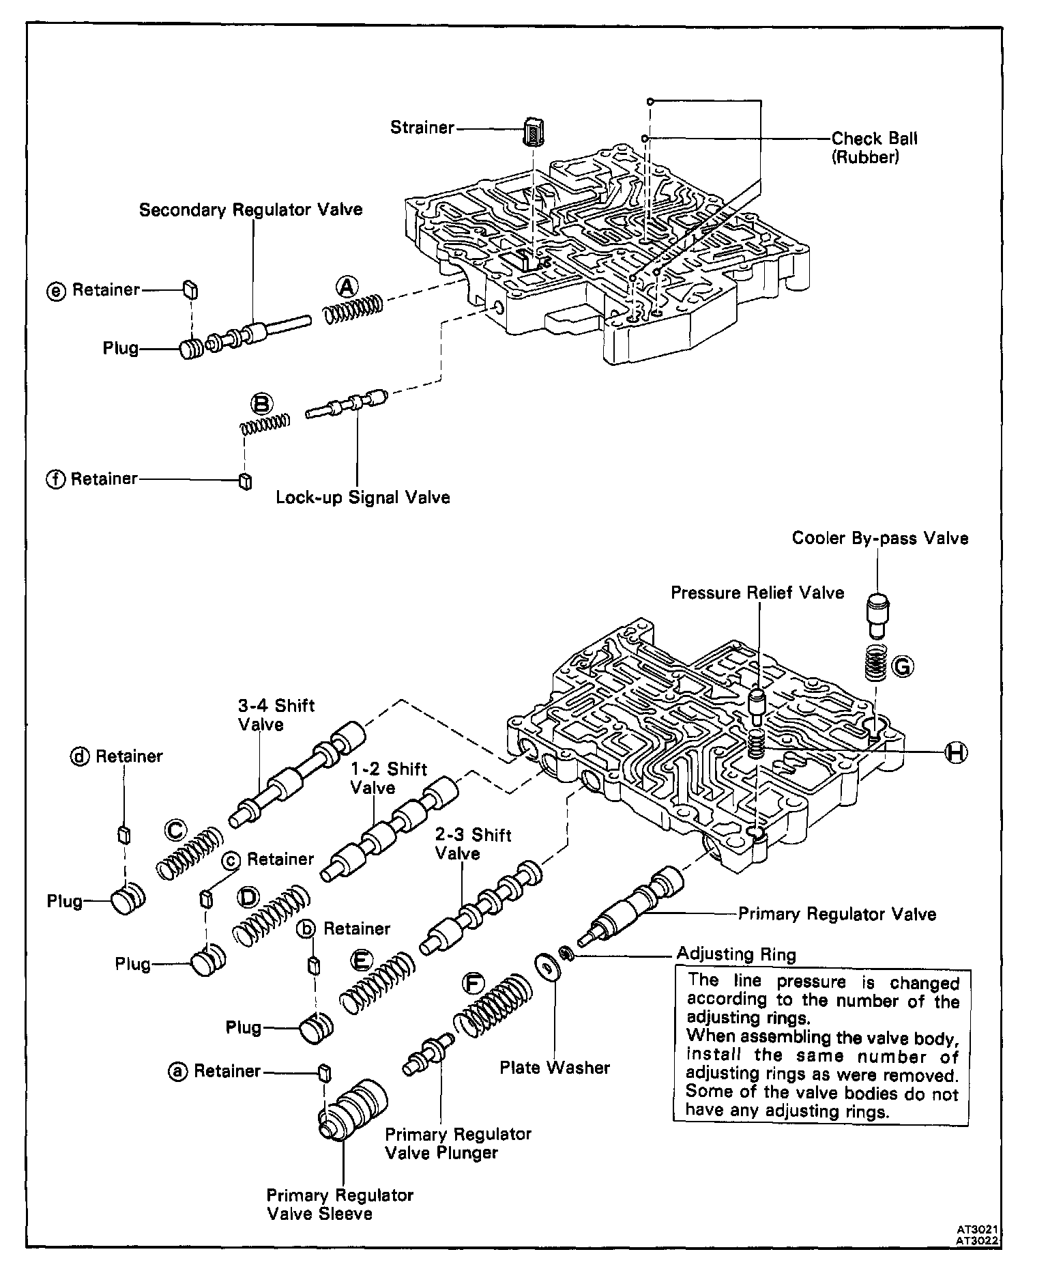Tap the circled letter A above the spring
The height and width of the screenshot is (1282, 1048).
pos(348,287)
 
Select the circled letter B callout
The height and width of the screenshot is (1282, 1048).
pos(263,403)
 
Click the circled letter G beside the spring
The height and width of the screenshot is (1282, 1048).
pos(902,666)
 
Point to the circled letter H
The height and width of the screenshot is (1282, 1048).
pos(956,752)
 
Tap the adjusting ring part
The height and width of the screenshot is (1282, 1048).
pos(566,953)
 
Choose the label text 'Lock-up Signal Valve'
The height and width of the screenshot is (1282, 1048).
pos(363,497)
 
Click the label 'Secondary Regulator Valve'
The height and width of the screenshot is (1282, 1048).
pos(250,210)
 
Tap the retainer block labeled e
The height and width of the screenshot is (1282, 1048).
pos(190,290)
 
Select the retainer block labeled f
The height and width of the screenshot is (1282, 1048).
pos(245,481)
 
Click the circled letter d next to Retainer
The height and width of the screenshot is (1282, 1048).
pos(81,756)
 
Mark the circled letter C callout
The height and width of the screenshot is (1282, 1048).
pos(175,829)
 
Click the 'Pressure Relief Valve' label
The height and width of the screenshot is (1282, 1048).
pos(757,593)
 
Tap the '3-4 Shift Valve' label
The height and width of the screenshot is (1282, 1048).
pos(276,714)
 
